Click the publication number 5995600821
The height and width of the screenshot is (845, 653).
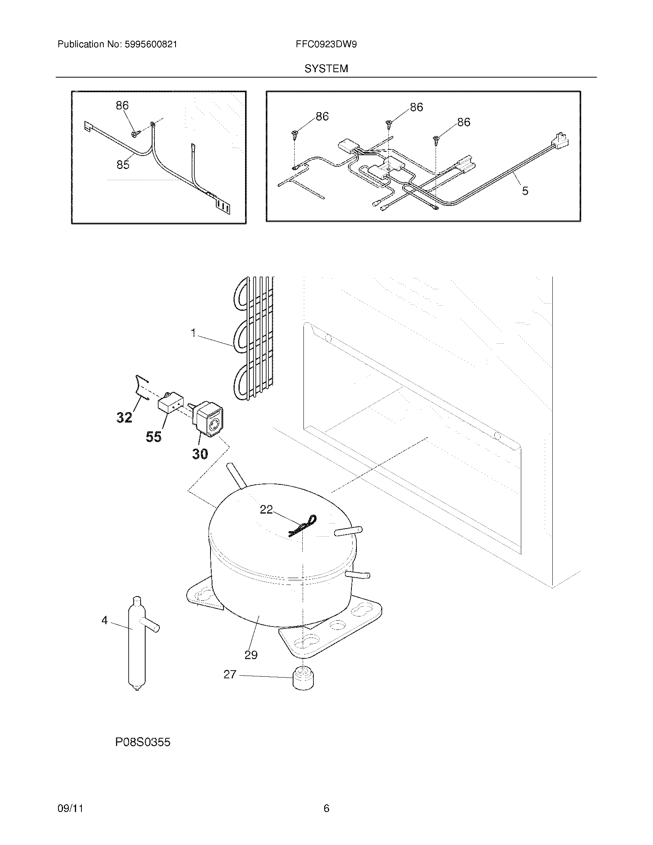tap(151, 45)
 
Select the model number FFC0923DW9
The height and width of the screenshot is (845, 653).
tap(326, 45)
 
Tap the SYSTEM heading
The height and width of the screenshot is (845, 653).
tap(326, 69)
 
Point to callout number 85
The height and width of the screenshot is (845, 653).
tap(123, 165)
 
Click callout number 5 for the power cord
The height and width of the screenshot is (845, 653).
tap(525, 191)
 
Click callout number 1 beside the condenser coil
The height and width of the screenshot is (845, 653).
tap(194, 332)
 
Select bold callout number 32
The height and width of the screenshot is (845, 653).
tap(124, 417)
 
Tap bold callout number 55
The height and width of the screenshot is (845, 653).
tap(153, 437)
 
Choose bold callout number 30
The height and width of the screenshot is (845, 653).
tap(200, 454)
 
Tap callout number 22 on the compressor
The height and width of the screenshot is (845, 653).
tap(266, 510)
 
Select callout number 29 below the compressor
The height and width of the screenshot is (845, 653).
tap(251, 655)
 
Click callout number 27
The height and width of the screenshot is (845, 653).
tap(230, 674)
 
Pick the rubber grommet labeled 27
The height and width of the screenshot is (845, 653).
tap(303, 678)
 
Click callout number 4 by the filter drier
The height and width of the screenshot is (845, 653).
tap(104, 621)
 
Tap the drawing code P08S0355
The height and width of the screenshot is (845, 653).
tap(143, 742)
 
